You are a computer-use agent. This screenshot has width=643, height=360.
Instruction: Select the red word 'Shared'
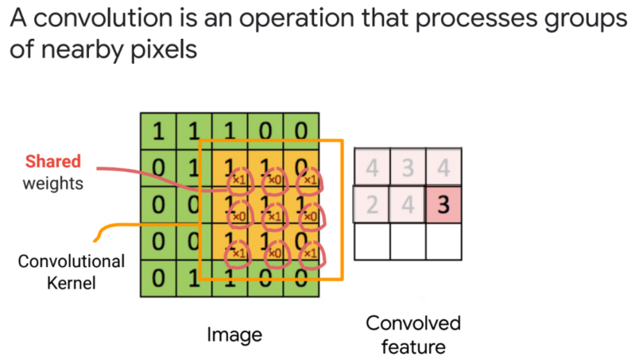pos(52,161)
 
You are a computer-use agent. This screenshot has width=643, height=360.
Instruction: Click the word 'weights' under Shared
pos(52,184)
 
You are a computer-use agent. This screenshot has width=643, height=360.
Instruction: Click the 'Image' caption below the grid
pos(234,335)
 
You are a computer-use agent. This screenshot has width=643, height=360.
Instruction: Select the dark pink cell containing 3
pos(443,205)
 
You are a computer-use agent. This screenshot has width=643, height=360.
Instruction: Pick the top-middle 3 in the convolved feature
pos(408,168)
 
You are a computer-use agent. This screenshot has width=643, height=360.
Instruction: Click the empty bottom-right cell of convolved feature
pos(443,242)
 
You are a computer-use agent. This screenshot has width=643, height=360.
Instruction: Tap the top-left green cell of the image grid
pos(158,131)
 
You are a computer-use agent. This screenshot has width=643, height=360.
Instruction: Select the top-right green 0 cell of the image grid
pos(301,131)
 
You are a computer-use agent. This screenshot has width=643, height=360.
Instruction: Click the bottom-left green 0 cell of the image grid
pos(158,280)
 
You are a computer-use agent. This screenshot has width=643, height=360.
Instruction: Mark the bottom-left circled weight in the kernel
pos(237,251)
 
